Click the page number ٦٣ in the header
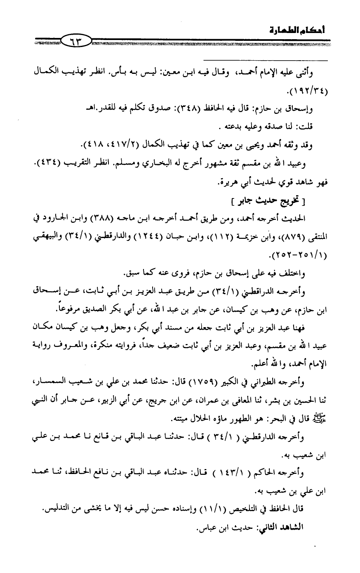pyautogui.click(x=76, y=40)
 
